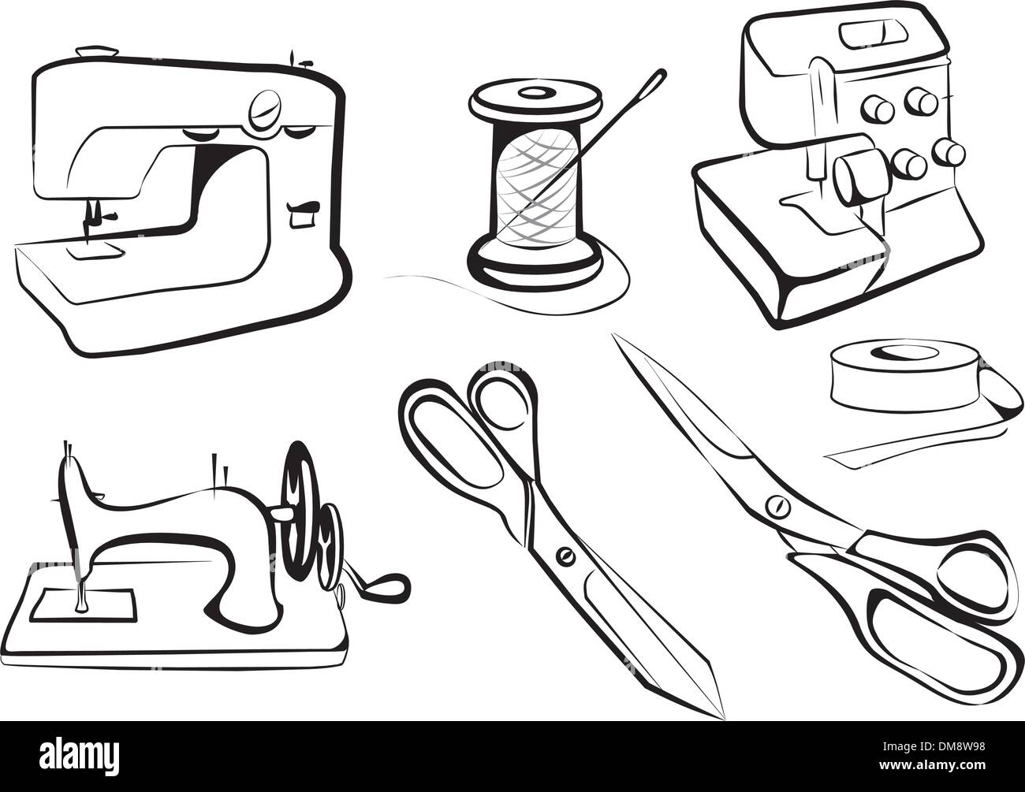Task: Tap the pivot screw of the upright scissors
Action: pyautogui.click(x=563, y=556)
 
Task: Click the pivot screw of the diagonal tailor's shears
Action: pyautogui.click(x=778, y=504)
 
